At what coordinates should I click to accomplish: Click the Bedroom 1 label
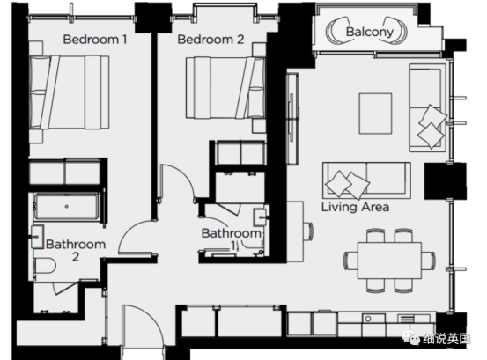click(95, 40)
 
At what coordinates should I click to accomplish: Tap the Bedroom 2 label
click(210, 40)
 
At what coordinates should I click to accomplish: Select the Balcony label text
click(370, 32)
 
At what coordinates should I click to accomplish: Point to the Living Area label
click(355, 207)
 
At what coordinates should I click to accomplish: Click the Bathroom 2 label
click(76, 250)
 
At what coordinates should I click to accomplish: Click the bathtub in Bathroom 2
click(66, 206)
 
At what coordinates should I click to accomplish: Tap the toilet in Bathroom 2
click(45, 266)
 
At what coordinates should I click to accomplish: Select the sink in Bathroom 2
click(37, 237)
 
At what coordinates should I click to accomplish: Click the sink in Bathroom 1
click(260, 217)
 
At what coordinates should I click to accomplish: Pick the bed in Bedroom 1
click(69, 92)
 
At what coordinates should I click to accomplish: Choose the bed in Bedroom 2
click(225, 87)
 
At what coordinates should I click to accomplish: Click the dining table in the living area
click(390, 261)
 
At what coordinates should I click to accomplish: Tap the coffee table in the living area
click(375, 114)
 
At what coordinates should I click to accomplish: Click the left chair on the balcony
click(338, 31)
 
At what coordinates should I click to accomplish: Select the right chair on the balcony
click(395, 31)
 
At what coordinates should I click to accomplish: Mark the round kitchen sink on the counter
click(368, 319)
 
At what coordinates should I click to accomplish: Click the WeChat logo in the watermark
click(411, 337)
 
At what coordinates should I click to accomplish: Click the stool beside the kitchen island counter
click(309, 231)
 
